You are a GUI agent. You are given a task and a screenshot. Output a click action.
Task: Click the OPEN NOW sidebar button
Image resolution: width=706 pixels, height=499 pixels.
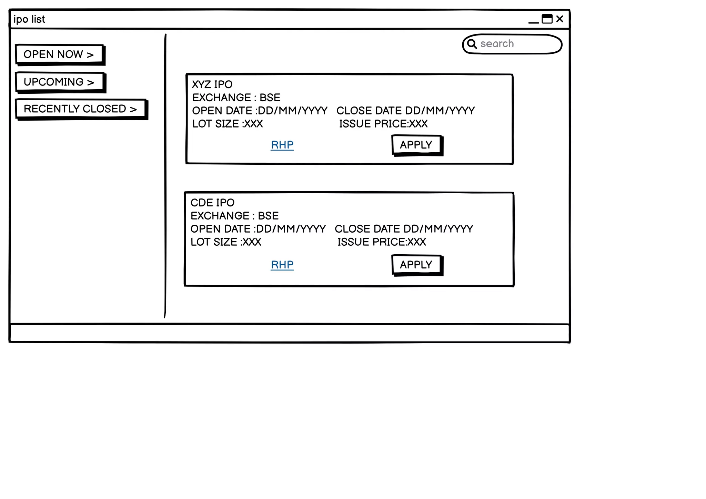(x=59, y=54)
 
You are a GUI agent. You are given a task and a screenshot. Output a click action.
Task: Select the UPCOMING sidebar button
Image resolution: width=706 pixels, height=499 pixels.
(x=60, y=82)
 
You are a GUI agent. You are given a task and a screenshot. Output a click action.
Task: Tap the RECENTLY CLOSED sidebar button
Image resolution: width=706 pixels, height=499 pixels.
(x=81, y=109)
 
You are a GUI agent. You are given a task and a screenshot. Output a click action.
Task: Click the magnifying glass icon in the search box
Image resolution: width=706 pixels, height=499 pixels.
(x=472, y=44)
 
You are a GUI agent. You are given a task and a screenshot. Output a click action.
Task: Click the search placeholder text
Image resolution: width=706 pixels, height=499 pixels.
(x=497, y=44)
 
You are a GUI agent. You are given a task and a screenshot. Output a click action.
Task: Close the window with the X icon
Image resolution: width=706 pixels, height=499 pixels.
(x=560, y=19)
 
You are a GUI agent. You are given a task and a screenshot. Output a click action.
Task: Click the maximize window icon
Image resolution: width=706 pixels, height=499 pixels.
(x=547, y=19)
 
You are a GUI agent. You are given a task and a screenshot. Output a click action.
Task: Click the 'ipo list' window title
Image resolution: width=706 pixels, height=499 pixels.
(x=29, y=19)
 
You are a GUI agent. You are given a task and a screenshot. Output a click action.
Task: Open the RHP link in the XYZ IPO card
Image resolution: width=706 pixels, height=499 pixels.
(x=282, y=145)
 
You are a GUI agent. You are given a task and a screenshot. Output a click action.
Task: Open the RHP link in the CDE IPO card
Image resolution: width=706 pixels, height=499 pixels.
(x=282, y=265)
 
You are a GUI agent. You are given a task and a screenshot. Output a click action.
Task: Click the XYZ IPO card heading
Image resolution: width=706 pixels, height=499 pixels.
(x=212, y=84)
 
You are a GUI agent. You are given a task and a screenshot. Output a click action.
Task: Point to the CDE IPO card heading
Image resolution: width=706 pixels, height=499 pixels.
(x=212, y=203)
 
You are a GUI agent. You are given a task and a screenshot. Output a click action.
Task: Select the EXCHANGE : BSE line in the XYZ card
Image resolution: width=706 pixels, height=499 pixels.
(x=236, y=98)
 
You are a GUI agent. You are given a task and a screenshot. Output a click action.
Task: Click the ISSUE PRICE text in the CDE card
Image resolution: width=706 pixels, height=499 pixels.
(x=382, y=242)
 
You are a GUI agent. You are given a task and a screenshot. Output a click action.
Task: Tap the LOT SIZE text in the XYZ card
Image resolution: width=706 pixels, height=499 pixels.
(x=228, y=124)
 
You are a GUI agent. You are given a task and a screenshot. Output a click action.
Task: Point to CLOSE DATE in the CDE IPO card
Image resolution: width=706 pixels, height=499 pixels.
(x=404, y=229)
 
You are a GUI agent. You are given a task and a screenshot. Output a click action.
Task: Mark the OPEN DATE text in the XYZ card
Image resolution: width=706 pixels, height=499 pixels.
(x=260, y=111)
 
